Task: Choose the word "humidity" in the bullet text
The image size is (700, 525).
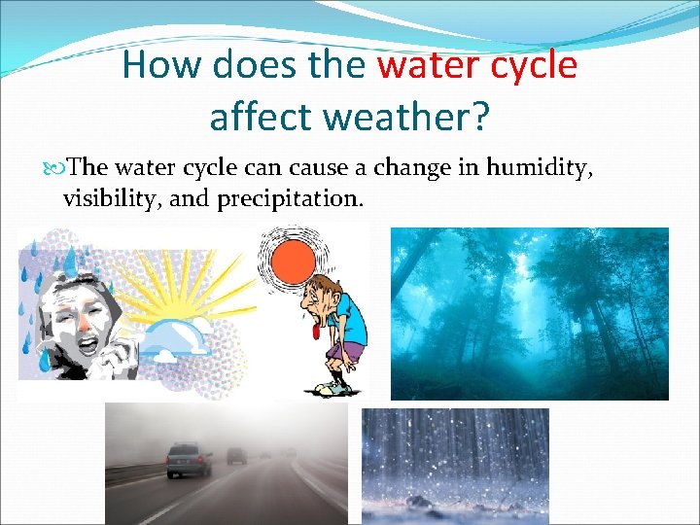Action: tap(538, 168)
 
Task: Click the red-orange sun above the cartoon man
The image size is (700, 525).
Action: tap(295, 261)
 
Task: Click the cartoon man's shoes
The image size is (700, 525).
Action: tap(332, 387)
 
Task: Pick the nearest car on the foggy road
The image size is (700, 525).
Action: tap(189, 459)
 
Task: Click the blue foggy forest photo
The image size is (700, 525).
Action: tap(529, 313)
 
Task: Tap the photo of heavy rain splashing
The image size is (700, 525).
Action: tap(454, 465)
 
